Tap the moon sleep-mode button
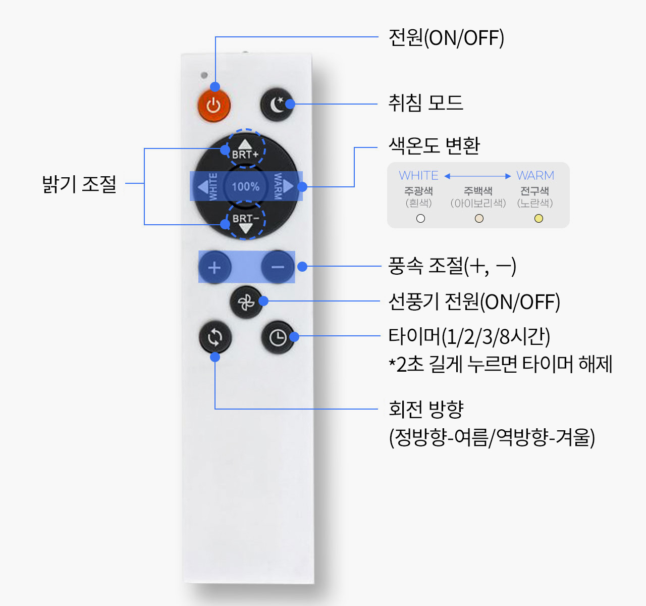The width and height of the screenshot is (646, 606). [276, 105]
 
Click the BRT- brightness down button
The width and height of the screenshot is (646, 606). [245, 222]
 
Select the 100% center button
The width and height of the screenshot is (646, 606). [245, 186]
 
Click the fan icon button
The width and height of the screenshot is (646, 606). [246, 302]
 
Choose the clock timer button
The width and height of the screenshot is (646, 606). [278, 337]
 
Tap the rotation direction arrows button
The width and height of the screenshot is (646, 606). [215, 337]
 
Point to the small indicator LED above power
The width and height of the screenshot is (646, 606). [204, 75]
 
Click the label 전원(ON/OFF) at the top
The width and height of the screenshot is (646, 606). [446, 38]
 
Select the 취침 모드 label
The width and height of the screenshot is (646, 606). [425, 103]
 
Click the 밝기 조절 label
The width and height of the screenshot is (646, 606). [79, 184]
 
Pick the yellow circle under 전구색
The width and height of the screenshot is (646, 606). [539, 219]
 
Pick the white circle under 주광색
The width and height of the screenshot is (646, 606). [420, 219]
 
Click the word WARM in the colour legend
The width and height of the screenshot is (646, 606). [535, 176]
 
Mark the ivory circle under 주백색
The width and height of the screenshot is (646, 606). [479, 219]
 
